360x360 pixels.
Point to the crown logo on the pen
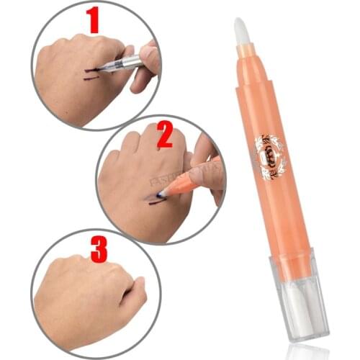270,153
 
